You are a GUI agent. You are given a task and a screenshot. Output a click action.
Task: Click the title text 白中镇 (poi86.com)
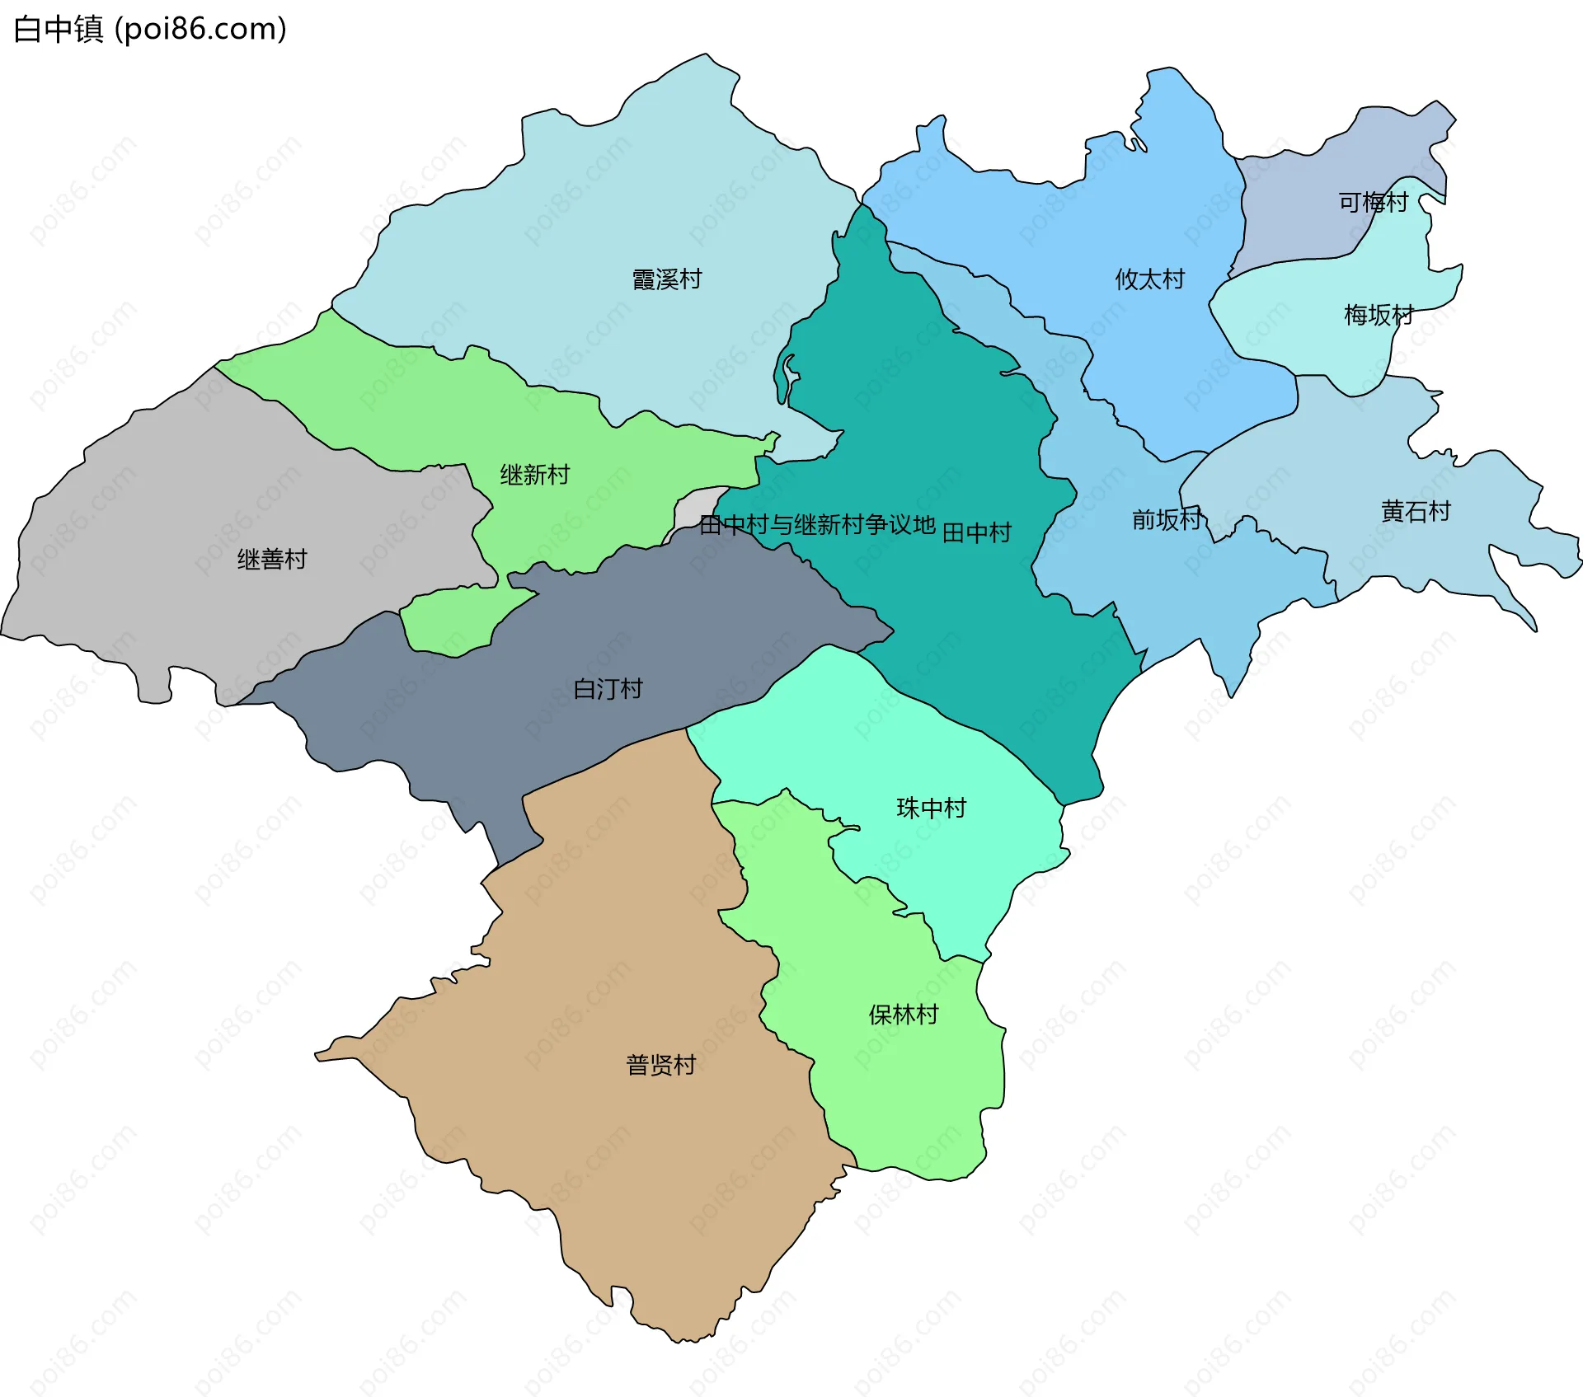tap(150, 29)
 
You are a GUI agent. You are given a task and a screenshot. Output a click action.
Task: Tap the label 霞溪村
tap(666, 279)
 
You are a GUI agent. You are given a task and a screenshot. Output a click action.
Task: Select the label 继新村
tap(534, 475)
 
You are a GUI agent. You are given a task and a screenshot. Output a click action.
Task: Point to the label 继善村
tap(272, 560)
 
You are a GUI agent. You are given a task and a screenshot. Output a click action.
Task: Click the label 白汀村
tap(608, 689)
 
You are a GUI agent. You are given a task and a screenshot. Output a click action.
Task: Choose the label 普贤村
tap(660, 1065)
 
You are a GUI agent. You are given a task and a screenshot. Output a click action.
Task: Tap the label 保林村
tap(904, 1015)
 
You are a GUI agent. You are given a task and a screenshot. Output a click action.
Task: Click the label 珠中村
tap(931, 808)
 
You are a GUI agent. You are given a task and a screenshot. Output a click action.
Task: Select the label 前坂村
tap(1166, 519)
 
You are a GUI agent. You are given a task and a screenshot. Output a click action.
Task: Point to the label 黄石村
tap(1416, 512)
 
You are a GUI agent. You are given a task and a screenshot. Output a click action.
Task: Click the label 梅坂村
tap(1379, 315)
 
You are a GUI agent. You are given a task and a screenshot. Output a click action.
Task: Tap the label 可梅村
tap(1373, 202)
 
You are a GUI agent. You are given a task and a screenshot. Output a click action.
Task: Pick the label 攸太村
tap(1149, 279)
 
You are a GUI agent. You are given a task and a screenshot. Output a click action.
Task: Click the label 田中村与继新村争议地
tap(816, 525)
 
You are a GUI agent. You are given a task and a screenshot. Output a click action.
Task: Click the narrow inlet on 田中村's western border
tap(790, 375)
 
